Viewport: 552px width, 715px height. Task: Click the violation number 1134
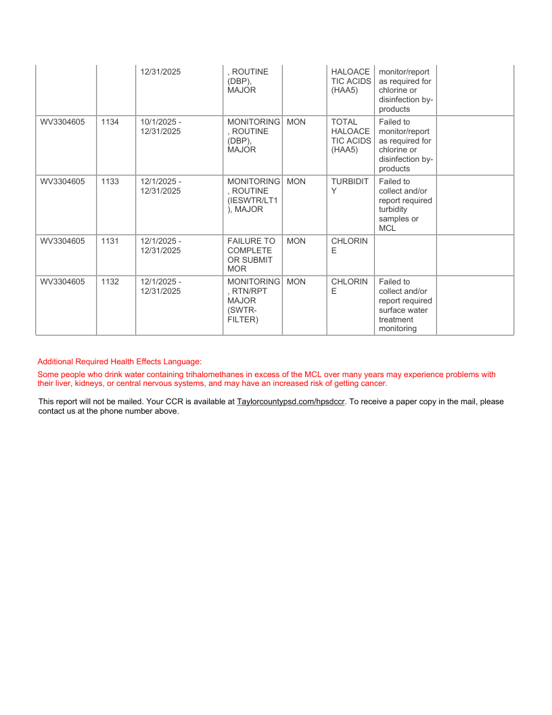[110, 122]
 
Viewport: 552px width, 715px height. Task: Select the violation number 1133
[110, 181]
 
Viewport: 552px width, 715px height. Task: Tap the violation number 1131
[110, 241]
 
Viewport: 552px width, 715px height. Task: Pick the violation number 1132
[110, 282]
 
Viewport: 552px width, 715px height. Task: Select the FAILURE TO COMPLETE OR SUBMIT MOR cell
[251, 255]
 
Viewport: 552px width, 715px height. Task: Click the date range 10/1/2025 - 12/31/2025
[161, 127]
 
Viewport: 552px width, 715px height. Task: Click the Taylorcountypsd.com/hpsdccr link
[291, 402]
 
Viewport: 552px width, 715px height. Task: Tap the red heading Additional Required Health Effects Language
[120, 362]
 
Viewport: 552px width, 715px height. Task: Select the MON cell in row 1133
[296, 181]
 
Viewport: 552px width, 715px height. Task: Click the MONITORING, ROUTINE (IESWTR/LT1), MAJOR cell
[253, 196]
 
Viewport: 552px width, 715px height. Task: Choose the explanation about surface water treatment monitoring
[405, 305]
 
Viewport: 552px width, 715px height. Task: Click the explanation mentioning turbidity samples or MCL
[405, 205]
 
